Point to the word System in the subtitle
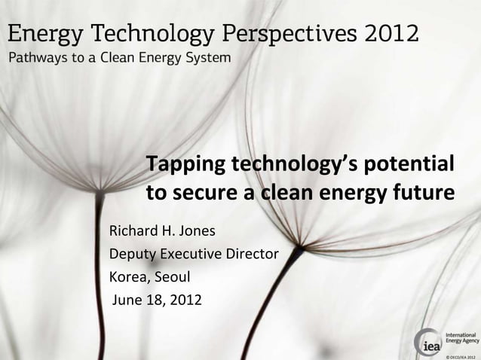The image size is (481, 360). pos(210,57)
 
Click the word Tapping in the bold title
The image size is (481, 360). pos(185,164)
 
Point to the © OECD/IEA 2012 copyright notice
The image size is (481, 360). pos(461,355)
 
